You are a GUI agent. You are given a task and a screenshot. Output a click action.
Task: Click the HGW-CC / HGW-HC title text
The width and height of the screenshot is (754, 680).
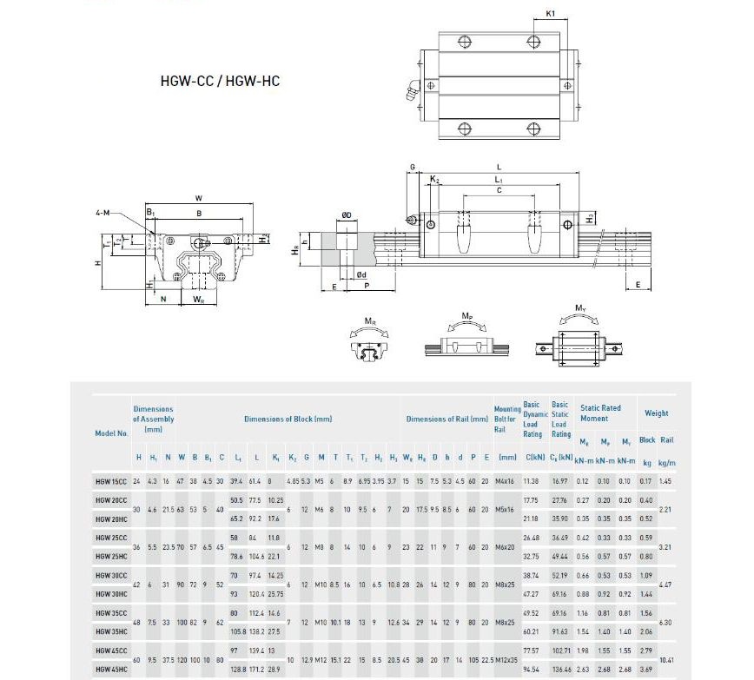220,82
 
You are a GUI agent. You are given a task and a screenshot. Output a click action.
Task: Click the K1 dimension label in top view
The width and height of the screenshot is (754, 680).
551,14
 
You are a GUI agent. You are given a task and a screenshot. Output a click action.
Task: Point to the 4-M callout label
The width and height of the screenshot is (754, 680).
103,213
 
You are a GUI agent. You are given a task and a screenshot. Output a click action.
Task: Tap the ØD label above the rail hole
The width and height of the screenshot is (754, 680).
346,215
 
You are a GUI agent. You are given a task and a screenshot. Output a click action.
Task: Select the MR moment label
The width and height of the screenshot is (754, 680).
371,321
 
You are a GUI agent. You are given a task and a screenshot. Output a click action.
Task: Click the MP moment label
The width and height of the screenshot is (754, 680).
467,314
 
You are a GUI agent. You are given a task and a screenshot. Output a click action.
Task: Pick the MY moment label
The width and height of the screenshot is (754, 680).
580,308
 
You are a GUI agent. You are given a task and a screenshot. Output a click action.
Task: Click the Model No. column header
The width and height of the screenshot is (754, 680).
111,432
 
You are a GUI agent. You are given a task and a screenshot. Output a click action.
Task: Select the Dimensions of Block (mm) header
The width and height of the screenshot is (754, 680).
288,419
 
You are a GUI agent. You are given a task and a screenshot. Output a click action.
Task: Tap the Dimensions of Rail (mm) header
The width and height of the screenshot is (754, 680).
446,419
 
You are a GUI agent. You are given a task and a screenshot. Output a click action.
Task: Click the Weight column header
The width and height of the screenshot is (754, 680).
656,413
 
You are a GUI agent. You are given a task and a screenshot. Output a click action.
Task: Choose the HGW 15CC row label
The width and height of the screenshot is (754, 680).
111,481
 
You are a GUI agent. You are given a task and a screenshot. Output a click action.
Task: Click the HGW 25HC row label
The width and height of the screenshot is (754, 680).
111,556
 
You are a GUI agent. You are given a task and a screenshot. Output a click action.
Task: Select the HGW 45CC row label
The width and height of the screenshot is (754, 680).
111,650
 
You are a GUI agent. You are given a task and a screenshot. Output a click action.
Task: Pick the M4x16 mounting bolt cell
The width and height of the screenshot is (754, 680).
507,481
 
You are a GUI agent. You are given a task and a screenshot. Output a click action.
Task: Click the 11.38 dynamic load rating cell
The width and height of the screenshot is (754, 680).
532,481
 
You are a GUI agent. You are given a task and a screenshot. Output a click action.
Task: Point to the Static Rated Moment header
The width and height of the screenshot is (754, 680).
600,413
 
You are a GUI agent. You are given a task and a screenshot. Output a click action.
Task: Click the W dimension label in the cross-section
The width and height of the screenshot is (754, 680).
198,198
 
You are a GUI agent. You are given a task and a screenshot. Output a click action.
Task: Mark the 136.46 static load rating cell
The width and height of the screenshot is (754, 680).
561,670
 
